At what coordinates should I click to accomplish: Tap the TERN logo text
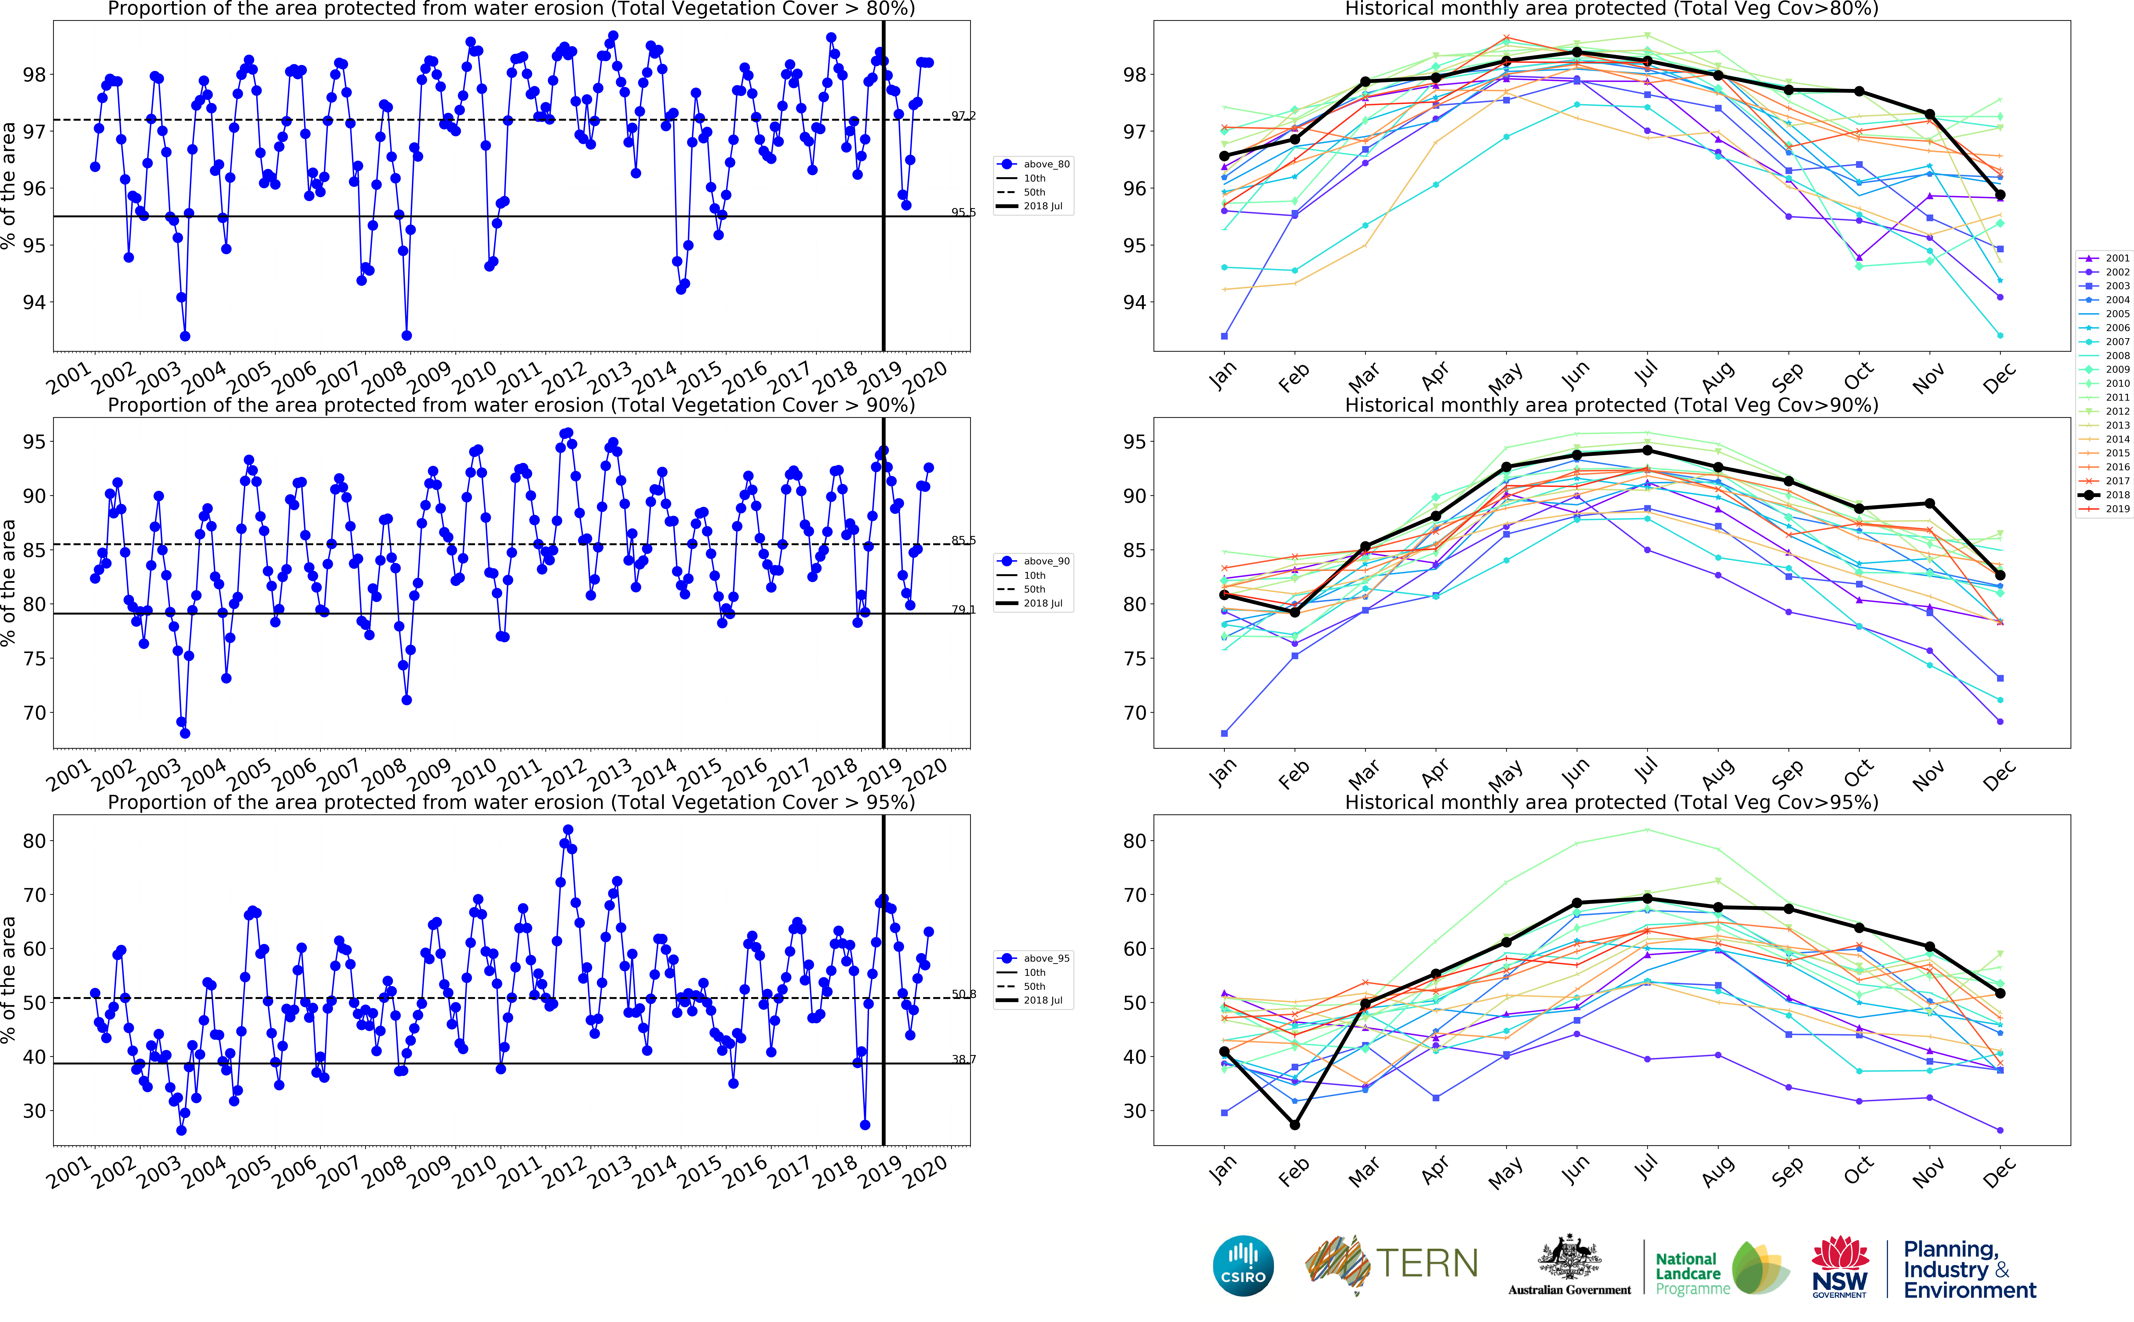click(1427, 1263)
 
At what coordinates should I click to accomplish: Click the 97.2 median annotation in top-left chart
click(964, 115)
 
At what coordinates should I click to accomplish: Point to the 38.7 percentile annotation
click(964, 1059)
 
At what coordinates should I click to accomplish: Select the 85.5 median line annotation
click(964, 540)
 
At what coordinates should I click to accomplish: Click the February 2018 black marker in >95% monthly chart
click(1295, 1124)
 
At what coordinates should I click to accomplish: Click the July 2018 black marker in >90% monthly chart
click(1647, 450)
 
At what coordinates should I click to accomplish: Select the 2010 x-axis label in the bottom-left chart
click(475, 1172)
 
